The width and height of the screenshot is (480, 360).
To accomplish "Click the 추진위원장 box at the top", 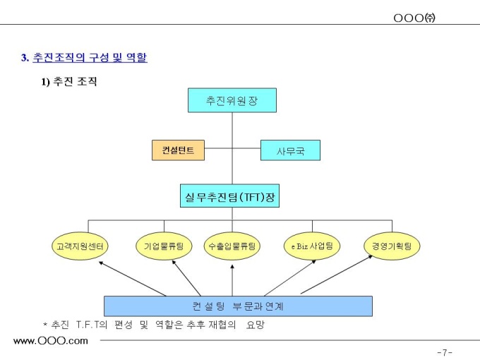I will point(232,100).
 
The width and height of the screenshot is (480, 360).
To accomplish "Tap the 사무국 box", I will point(290,150).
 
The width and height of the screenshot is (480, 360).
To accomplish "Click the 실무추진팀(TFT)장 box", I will point(229,196).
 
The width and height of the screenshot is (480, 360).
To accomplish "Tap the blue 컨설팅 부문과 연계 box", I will point(238,306).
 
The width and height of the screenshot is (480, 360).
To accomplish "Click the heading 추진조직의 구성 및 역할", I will point(90,57).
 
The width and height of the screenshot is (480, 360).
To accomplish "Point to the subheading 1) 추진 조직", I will point(68,82).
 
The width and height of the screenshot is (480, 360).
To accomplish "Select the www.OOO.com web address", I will point(51,341).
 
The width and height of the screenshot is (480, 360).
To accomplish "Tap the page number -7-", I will point(444,352).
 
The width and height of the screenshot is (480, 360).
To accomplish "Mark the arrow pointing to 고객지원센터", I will point(134,279).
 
